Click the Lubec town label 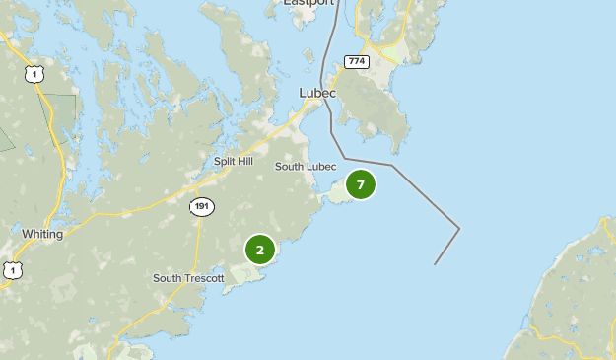[x=317, y=93]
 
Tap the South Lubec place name [x=306, y=167]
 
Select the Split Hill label [x=234, y=161]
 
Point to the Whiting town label [x=42, y=235]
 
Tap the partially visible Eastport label [x=308, y=3]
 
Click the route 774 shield [x=356, y=61]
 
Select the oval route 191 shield [x=201, y=206]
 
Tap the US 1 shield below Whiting [x=11, y=269]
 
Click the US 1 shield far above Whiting [x=35, y=74]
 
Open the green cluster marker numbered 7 [x=361, y=184]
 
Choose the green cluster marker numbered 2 [x=260, y=250]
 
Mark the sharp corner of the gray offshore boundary [x=459, y=229]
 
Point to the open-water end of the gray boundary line [x=435, y=264]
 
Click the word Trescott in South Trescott [x=206, y=278]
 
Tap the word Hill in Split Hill [x=244, y=161]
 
